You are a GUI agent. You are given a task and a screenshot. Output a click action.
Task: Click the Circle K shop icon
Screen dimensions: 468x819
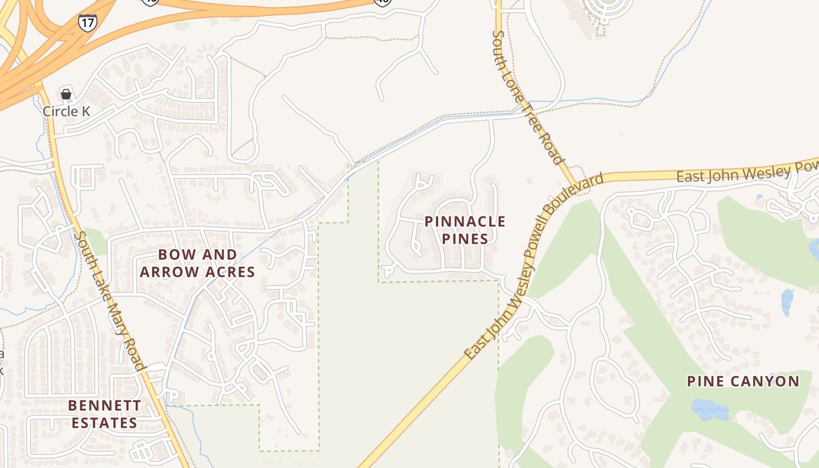[66, 94]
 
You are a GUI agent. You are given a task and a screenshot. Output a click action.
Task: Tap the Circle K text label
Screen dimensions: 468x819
[66, 111]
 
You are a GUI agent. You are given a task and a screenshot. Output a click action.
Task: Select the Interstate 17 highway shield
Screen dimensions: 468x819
[87, 22]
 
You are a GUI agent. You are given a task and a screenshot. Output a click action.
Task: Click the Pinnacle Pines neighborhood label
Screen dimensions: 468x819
[465, 230]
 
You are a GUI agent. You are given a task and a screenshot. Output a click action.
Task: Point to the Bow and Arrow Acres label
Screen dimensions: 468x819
[197, 263]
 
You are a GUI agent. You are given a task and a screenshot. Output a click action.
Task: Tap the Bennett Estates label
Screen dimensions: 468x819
[104, 414]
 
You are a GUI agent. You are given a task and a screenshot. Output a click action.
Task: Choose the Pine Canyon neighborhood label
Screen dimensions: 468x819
[743, 382]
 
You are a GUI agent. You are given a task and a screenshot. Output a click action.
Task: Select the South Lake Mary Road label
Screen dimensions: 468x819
[110, 300]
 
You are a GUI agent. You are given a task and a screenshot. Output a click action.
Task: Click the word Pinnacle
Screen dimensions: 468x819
[465, 222]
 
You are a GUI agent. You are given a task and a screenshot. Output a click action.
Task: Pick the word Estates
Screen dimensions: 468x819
[104, 423]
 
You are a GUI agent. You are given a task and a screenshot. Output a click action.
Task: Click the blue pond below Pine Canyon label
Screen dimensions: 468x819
[710, 409]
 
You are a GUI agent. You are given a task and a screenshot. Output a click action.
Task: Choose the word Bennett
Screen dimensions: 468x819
[104, 405]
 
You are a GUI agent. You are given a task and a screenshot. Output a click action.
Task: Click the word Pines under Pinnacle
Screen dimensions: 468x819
[465, 239]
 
